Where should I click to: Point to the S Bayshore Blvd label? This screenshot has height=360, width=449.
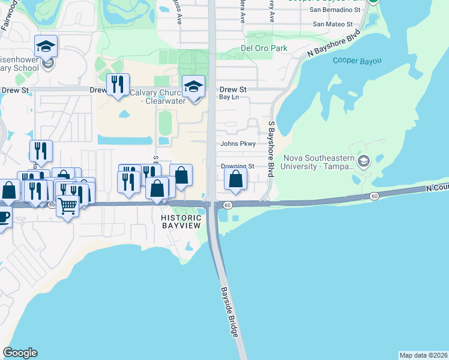coord(271,148)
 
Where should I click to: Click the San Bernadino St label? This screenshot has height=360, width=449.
coord(335,10)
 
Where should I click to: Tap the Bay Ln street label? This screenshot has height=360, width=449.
coord(229,97)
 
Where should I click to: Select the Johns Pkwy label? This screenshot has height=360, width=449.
coord(238,144)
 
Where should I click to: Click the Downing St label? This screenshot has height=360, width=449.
coord(238,166)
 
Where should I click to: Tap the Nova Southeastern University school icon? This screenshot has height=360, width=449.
coord(363,161)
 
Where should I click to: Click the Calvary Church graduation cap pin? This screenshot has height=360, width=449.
coord(193,88)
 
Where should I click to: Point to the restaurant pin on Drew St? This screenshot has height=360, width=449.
coord(118,85)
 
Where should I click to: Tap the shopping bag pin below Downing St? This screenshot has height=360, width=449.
coord(236,179)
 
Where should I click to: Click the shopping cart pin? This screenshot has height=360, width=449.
coord(68,206)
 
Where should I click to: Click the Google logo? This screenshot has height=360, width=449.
coord(20,353)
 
